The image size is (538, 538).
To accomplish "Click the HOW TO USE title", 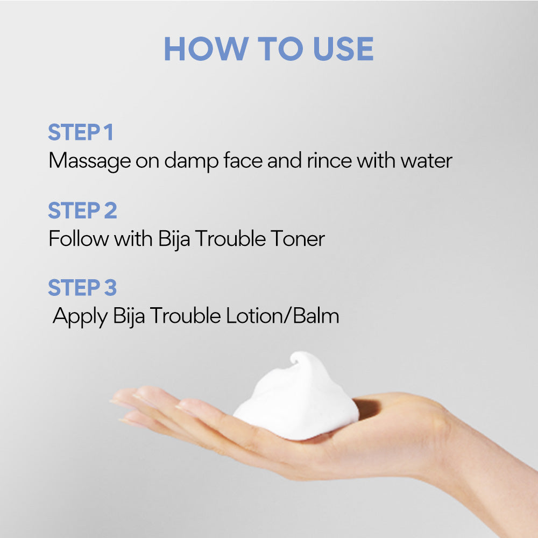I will coord(268,49).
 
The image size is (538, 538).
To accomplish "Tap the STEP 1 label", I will coord(81,133).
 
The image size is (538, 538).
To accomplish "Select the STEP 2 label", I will coord(82,210).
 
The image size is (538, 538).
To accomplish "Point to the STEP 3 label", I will coord(82,288).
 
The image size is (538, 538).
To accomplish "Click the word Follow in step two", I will coord(79,238).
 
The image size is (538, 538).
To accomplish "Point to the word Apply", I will coord(81,316).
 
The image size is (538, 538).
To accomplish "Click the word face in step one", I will coord(241,161).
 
